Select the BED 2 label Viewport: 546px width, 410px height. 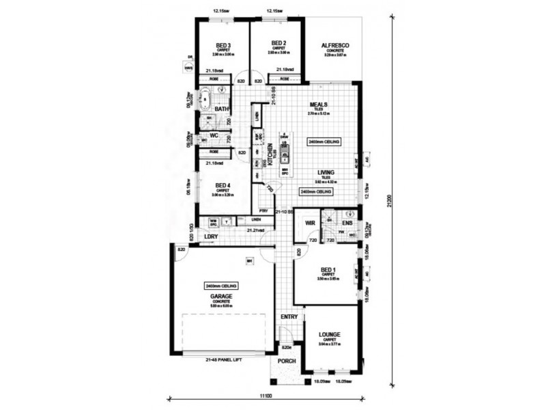tap(276, 42)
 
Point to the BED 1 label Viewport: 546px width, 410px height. tap(329, 271)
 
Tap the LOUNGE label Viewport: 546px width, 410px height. tap(330, 334)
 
